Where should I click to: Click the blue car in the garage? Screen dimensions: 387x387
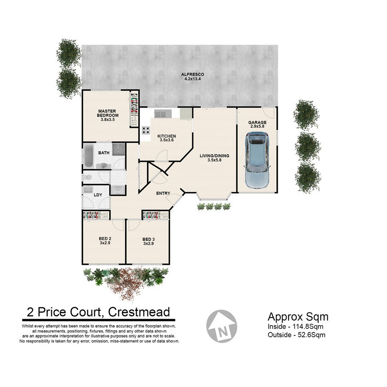pyautogui.click(x=257, y=160)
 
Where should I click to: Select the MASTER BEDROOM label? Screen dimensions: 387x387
pyautogui.click(x=107, y=113)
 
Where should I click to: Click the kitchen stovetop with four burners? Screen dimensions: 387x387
pyautogui.click(x=146, y=130)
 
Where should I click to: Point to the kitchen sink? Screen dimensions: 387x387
pyautogui.click(x=163, y=114)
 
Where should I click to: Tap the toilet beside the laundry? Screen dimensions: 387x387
pyautogui.click(x=87, y=177)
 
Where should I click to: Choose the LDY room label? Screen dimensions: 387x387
pyautogui.click(x=98, y=195)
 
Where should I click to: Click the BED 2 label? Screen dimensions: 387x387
pyautogui.click(x=105, y=239)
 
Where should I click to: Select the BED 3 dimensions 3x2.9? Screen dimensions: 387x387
pyautogui.click(x=149, y=243)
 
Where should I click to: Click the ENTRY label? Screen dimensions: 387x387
pyautogui.click(x=163, y=193)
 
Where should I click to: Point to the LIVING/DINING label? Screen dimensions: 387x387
pyautogui.click(x=215, y=156)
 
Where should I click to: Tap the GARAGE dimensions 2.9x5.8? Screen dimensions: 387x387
pyautogui.click(x=258, y=126)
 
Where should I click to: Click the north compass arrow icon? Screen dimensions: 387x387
pyautogui.click(x=221, y=326)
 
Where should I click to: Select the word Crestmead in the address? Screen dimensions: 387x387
pyautogui.click(x=139, y=312)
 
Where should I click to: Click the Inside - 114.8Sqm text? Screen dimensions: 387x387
pyautogui.click(x=295, y=326)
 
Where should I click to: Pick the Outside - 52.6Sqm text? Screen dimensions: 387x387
pyautogui.click(x=296, y=335)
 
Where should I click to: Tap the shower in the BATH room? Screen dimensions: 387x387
pyautogui.click(x=119, y=149)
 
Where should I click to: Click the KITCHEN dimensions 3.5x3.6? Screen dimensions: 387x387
pyautogui.click(x=167, y=140)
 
